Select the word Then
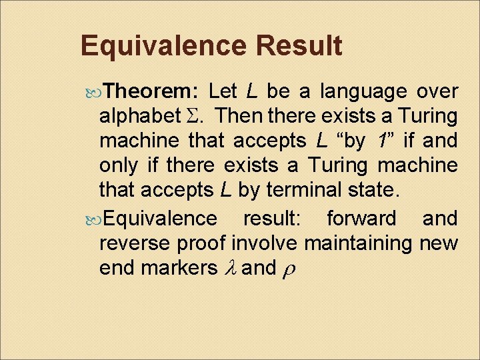[239, 117]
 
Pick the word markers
[176, 268]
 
